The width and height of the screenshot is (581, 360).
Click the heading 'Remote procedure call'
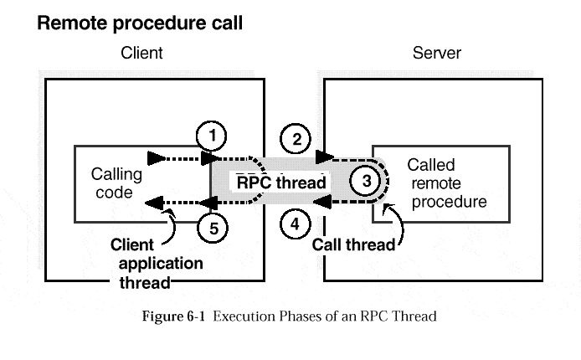point(140,23)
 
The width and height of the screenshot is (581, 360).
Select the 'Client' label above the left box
point(142,54)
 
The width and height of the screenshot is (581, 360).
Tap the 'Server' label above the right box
point(436,54)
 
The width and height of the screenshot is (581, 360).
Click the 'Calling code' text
point(116,184)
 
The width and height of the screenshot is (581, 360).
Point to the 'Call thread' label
point(353,244)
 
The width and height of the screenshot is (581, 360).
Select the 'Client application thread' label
point(157,263)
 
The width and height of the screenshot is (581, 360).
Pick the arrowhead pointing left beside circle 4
point(321,202)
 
